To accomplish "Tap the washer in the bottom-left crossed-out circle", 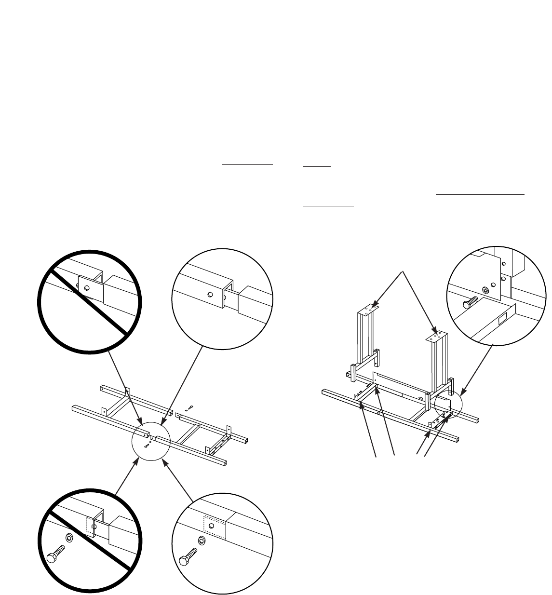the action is (x=68, y=538).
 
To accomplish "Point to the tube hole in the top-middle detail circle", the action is (x=210, y=295).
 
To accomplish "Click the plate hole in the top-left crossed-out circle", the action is (x=86, y=288).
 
